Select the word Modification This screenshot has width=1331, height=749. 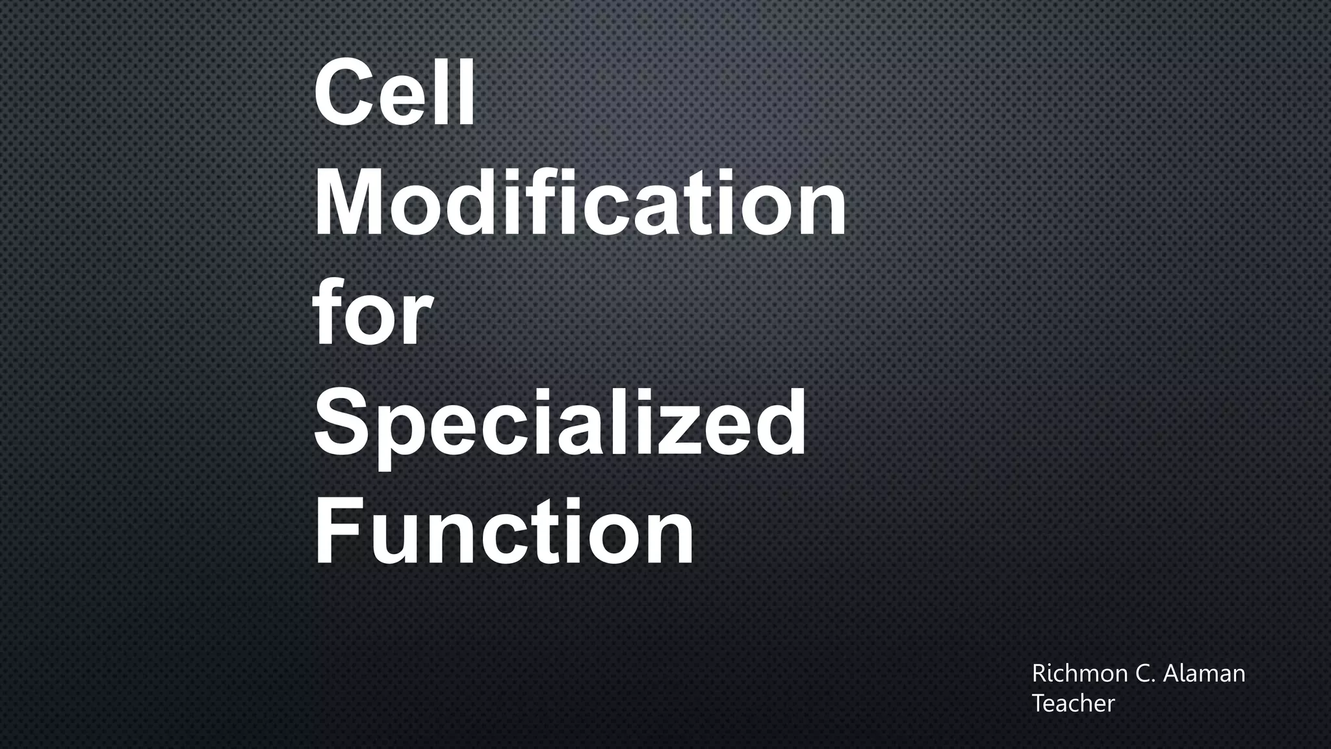coord(580,202)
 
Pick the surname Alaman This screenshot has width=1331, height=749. coord(1204,674)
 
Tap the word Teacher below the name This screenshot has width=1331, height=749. coord(1073,703)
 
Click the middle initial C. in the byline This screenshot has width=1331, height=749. coord(1144,674)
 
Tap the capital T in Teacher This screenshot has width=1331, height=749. coord(1039,703)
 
